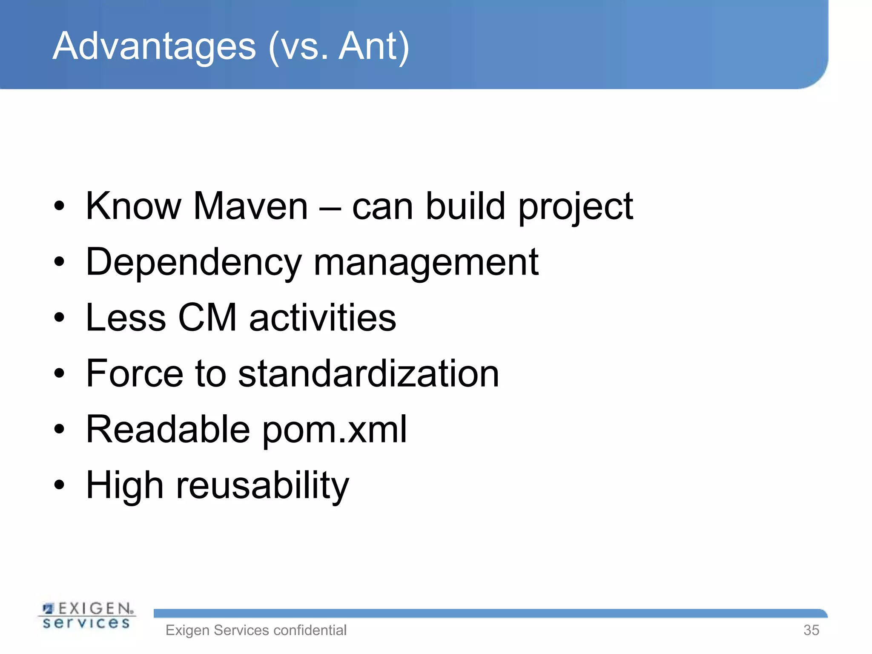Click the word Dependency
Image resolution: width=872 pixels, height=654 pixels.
193,263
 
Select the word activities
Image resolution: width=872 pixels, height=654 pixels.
323,318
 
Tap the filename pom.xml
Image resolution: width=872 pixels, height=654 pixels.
335,430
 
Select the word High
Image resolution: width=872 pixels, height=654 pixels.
125,486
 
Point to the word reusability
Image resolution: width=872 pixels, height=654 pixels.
263,486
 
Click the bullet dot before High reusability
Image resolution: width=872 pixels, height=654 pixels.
59,485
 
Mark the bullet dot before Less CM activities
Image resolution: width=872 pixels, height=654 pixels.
59,317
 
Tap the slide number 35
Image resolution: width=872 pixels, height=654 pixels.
811,630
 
